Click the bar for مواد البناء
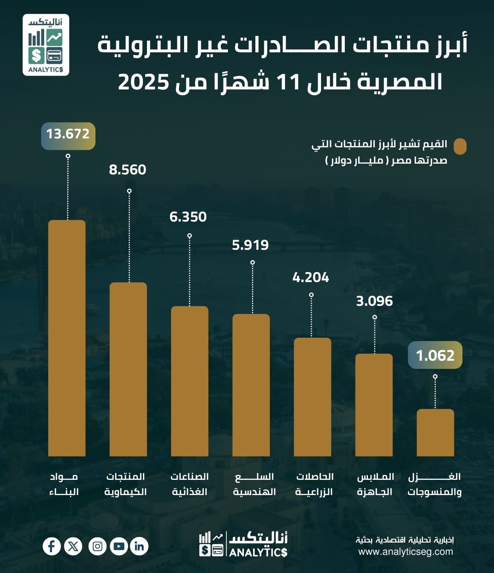(67, 338)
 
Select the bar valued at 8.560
(128, 369)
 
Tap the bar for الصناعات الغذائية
(190, 381)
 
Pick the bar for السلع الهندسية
(251, 385)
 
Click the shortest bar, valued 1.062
(435, 432)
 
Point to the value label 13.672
(68, 134)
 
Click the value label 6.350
(188, 217)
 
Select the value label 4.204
(311, 278)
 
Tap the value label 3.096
(374, 301)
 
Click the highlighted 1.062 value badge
(435, 356)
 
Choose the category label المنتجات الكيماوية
(125, 484)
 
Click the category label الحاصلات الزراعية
(314, 484)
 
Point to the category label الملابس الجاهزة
(375, 484)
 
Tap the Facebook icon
(52, 546)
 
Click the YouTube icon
(119, 546)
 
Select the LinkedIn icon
(140, 546)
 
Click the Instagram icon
(98, 546)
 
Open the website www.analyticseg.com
(406, 551)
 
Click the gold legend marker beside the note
(460, 147)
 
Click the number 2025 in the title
(144, 82)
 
